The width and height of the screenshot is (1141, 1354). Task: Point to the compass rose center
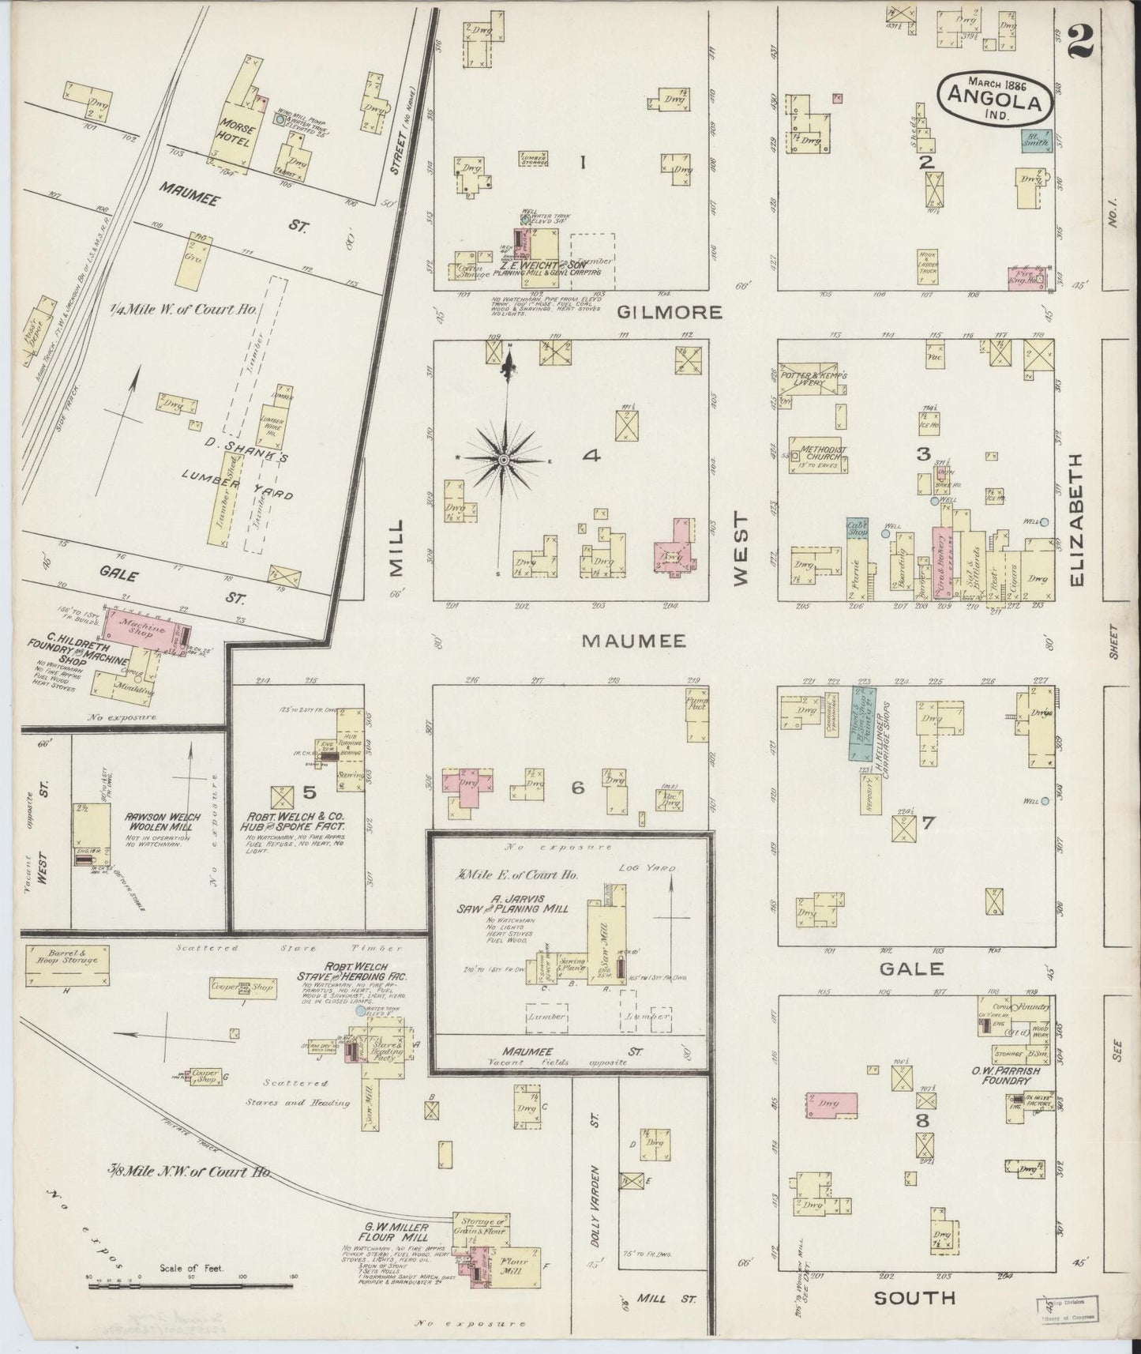point(503,459)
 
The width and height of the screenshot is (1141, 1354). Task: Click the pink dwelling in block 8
point(832,1104)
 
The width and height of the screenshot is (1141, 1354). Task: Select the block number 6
point(578,787)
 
